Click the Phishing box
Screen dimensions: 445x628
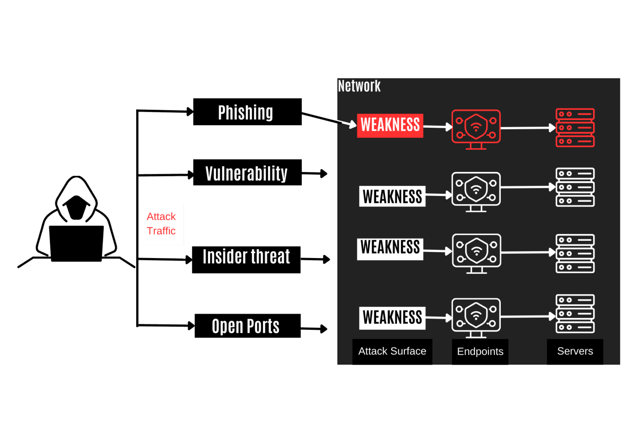point(247,112)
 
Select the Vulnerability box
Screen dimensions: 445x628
point(247,173)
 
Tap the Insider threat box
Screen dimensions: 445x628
point(246,260)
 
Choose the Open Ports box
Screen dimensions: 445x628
point(248,326)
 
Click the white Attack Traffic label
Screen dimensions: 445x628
point(161,224)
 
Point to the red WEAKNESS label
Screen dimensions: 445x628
point(390,125)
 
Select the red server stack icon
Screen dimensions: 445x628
point(575,128)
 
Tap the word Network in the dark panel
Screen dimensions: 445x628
point(359,86)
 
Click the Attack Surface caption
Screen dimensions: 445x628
point(392,351)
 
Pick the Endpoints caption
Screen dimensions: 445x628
point(480,352)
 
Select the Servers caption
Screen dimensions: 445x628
point(575,351)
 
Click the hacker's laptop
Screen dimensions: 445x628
point(76,243)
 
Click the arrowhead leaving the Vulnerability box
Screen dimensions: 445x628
point(324,174)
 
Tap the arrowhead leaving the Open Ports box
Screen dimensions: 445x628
point(324,329)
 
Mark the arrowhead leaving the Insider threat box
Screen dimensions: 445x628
point(326,259)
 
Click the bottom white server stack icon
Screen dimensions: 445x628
point(575,314)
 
